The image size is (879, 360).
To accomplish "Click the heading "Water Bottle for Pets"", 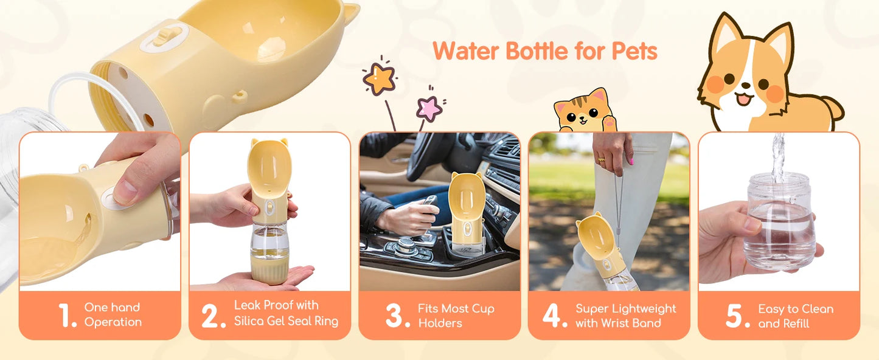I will click(x=545, y=52).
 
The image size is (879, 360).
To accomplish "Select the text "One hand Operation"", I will click(x=113, y=315).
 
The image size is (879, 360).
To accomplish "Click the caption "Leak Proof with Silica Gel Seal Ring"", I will click(x=285, y=313).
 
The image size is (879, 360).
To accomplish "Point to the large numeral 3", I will click(x=397, y=316).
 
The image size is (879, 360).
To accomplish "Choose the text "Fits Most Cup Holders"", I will click(x=456, y=316).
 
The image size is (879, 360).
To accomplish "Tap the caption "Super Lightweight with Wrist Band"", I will click(x=625, y=316).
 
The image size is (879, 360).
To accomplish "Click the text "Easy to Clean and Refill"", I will click(x=795, y=316).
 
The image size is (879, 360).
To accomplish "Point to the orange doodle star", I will click(x=380, y=78).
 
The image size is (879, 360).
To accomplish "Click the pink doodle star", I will click(x=429, y=108).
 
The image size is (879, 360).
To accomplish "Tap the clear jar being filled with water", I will click(x=780, y=222).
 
